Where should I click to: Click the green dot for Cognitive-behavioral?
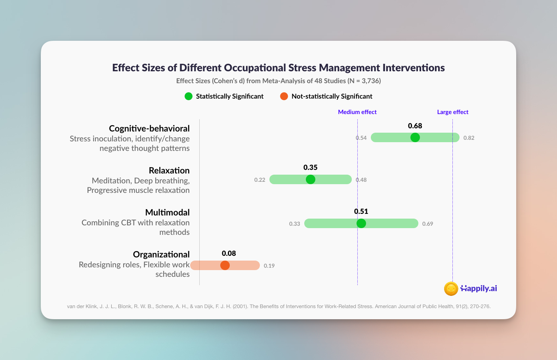click(415, 137)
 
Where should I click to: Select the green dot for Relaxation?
click(310, 179)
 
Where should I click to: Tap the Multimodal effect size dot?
click(361, 223)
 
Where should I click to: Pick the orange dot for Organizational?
click(225, 265)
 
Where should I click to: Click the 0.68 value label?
click(415, 126)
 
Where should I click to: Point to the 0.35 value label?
click(310, 167)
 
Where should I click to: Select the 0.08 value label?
click(229, 253)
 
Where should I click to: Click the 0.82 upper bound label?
click(469, 138)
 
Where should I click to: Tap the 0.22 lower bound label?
click(259, 180)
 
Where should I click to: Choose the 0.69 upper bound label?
click(428, 224)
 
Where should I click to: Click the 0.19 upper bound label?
click(269, 266)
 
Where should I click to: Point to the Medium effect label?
click(357, 112)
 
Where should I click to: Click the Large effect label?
click(452, 112)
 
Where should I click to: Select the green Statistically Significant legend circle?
click(189, 96)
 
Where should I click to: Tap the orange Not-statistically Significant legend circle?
click(284, 96)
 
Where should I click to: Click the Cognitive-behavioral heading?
click(149, 129)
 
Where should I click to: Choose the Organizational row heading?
click(161, 255)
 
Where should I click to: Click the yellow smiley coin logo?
click(451, 289)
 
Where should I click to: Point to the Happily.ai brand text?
click(479, 288)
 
